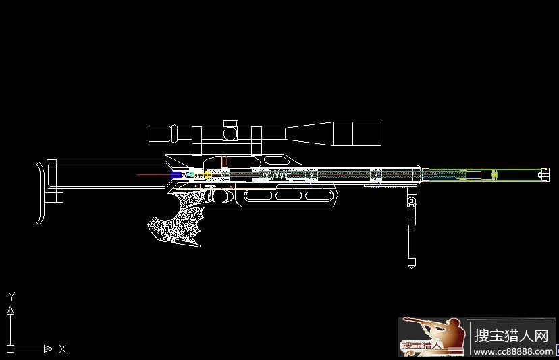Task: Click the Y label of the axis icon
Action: tap(11, 296)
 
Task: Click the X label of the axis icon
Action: tap(62, 349)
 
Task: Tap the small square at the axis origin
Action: tap(10, 349)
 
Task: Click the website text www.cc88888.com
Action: tap(513, 351)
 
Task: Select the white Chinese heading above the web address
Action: tap(511, 336)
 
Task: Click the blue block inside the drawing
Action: tap(176, 175)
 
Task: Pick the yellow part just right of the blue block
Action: tap(208, 175)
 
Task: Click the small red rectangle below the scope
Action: tap(225, 161)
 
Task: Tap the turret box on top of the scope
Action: tap(230, 130)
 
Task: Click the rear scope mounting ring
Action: tap(196, 141)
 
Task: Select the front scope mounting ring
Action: tap(257, 141)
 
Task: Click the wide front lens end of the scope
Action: tap(367, 134)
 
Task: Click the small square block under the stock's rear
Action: tap(55, 198)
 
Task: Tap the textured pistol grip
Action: tap(177, 222)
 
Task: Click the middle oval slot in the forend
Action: tap(288, 195)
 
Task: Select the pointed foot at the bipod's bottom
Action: tap(411, 263)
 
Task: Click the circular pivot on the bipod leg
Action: tap(412, 201)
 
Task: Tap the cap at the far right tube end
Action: tap(543, 174)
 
